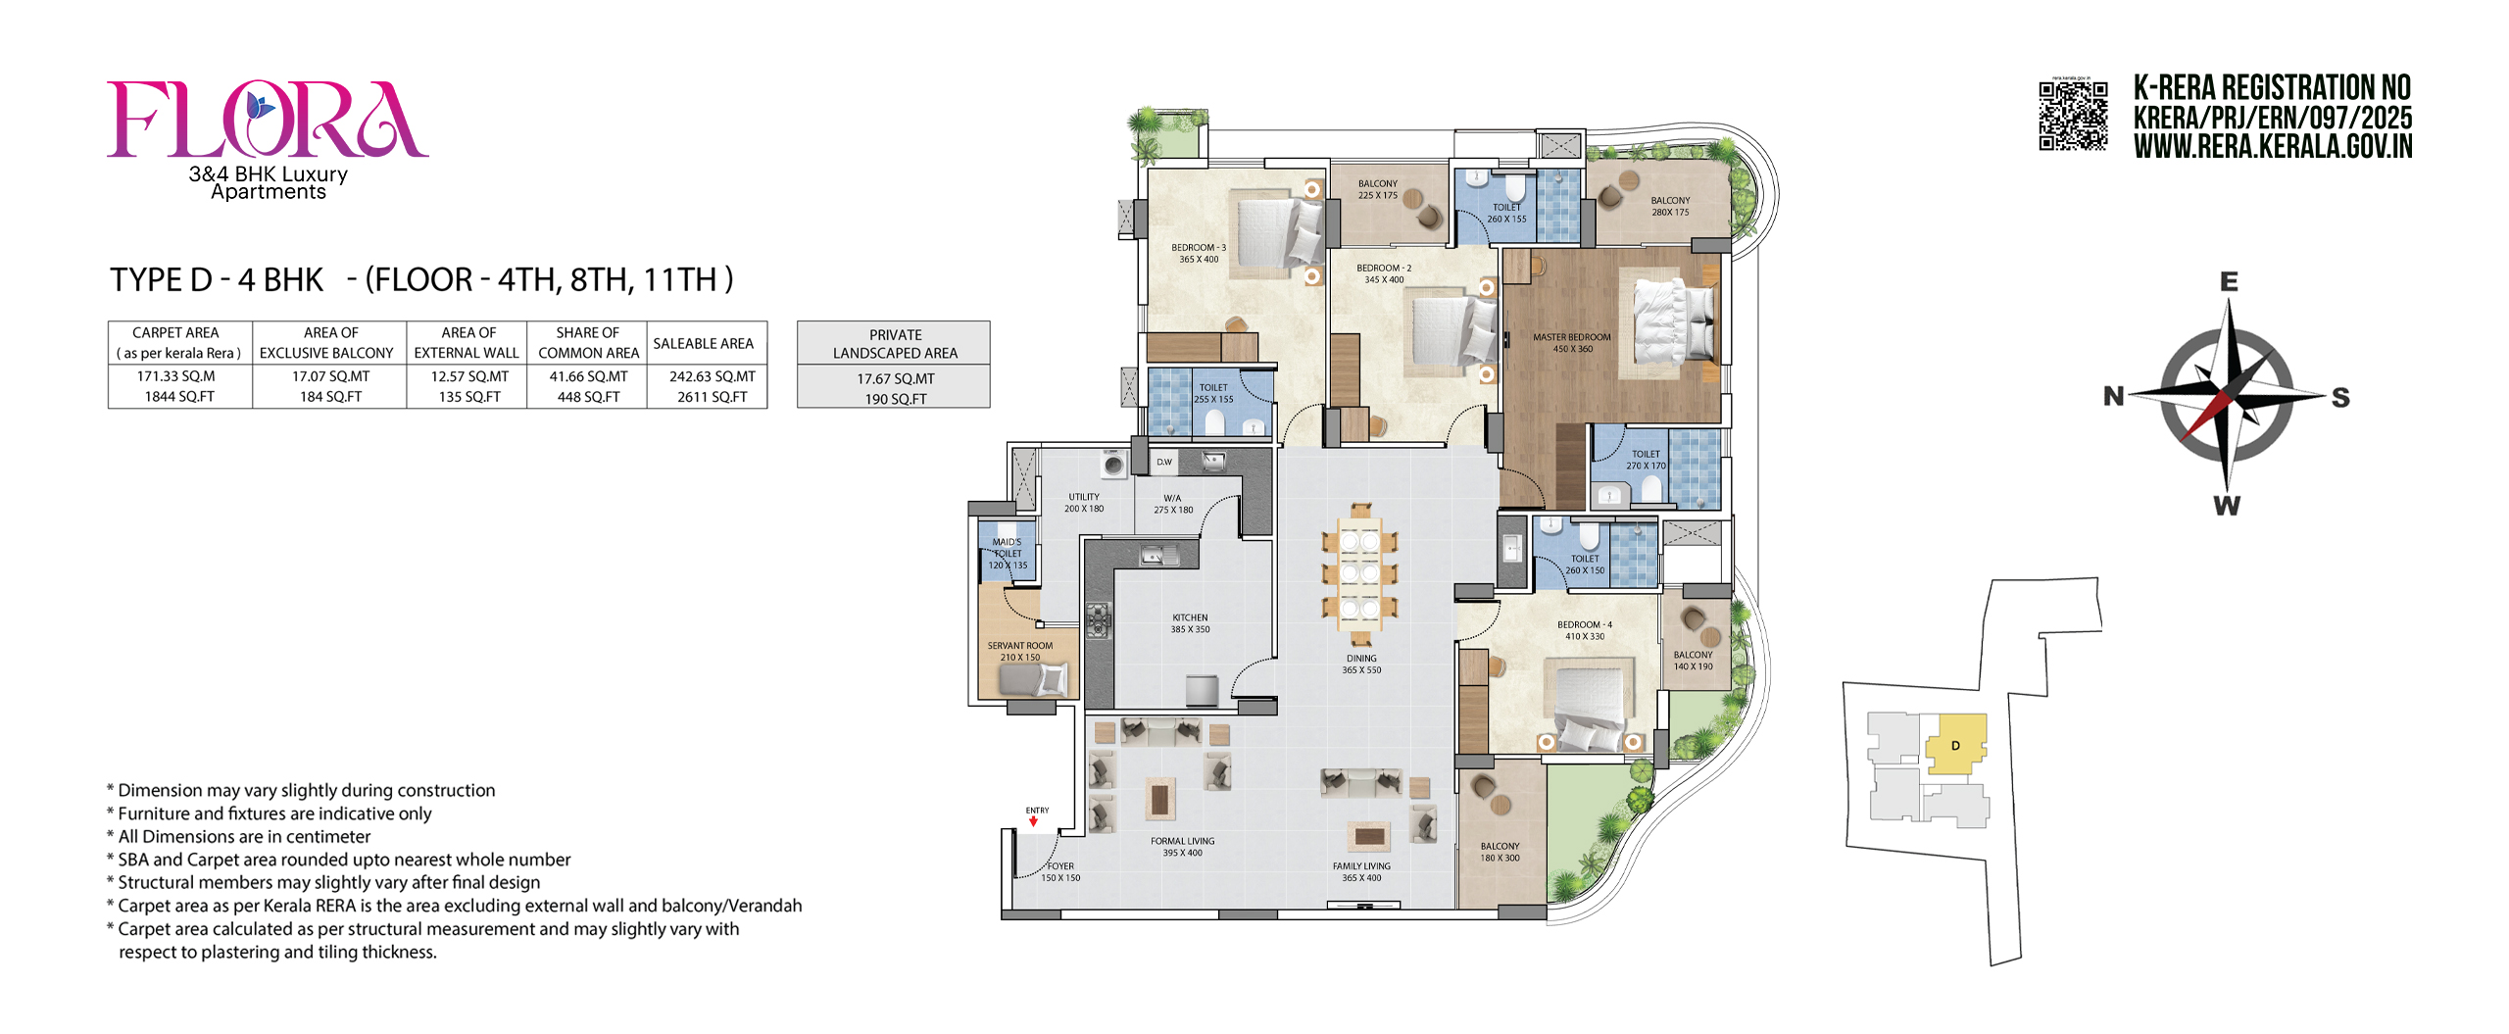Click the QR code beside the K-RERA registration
tap(2073, 116)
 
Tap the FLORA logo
tap(267, 120)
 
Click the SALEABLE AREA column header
tap(704, 343)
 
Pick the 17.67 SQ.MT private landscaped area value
tap(895, 378)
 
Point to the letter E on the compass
tap(2229, 282)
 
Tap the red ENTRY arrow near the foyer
tap(1033, 821)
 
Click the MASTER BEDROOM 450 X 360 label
tap(1571, 343)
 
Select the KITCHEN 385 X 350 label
tap(1190, 623)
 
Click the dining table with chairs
tap(1360, 572)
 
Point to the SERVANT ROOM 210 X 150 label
tap(1019, 652)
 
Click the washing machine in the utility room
tap(1112, 464)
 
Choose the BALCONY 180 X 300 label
tap(1500, 852)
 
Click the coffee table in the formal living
tap(1160, 799)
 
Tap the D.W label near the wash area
tap(1163, 462)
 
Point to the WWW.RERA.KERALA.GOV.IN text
tap(2273, 147)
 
